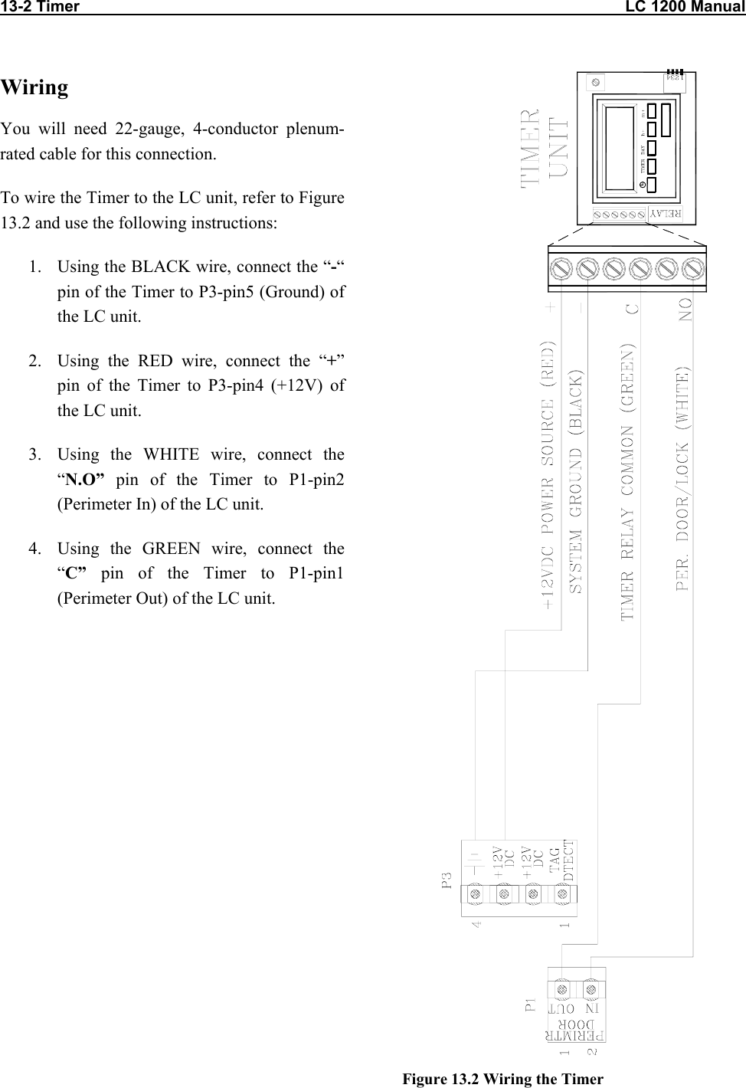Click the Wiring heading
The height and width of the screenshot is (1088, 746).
point(34,87)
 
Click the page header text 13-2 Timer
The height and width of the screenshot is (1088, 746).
point(40,8)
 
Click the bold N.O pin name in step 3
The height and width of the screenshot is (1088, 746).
point(85,480)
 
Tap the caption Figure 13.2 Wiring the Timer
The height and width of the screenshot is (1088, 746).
point(503,1080)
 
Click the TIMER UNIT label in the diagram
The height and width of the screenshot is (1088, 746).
point(545,149)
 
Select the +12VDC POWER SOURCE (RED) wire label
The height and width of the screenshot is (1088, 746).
point(550,475)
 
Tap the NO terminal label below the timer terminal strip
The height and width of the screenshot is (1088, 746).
point(685,310)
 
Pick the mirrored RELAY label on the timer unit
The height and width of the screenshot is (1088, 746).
point(667,214)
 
